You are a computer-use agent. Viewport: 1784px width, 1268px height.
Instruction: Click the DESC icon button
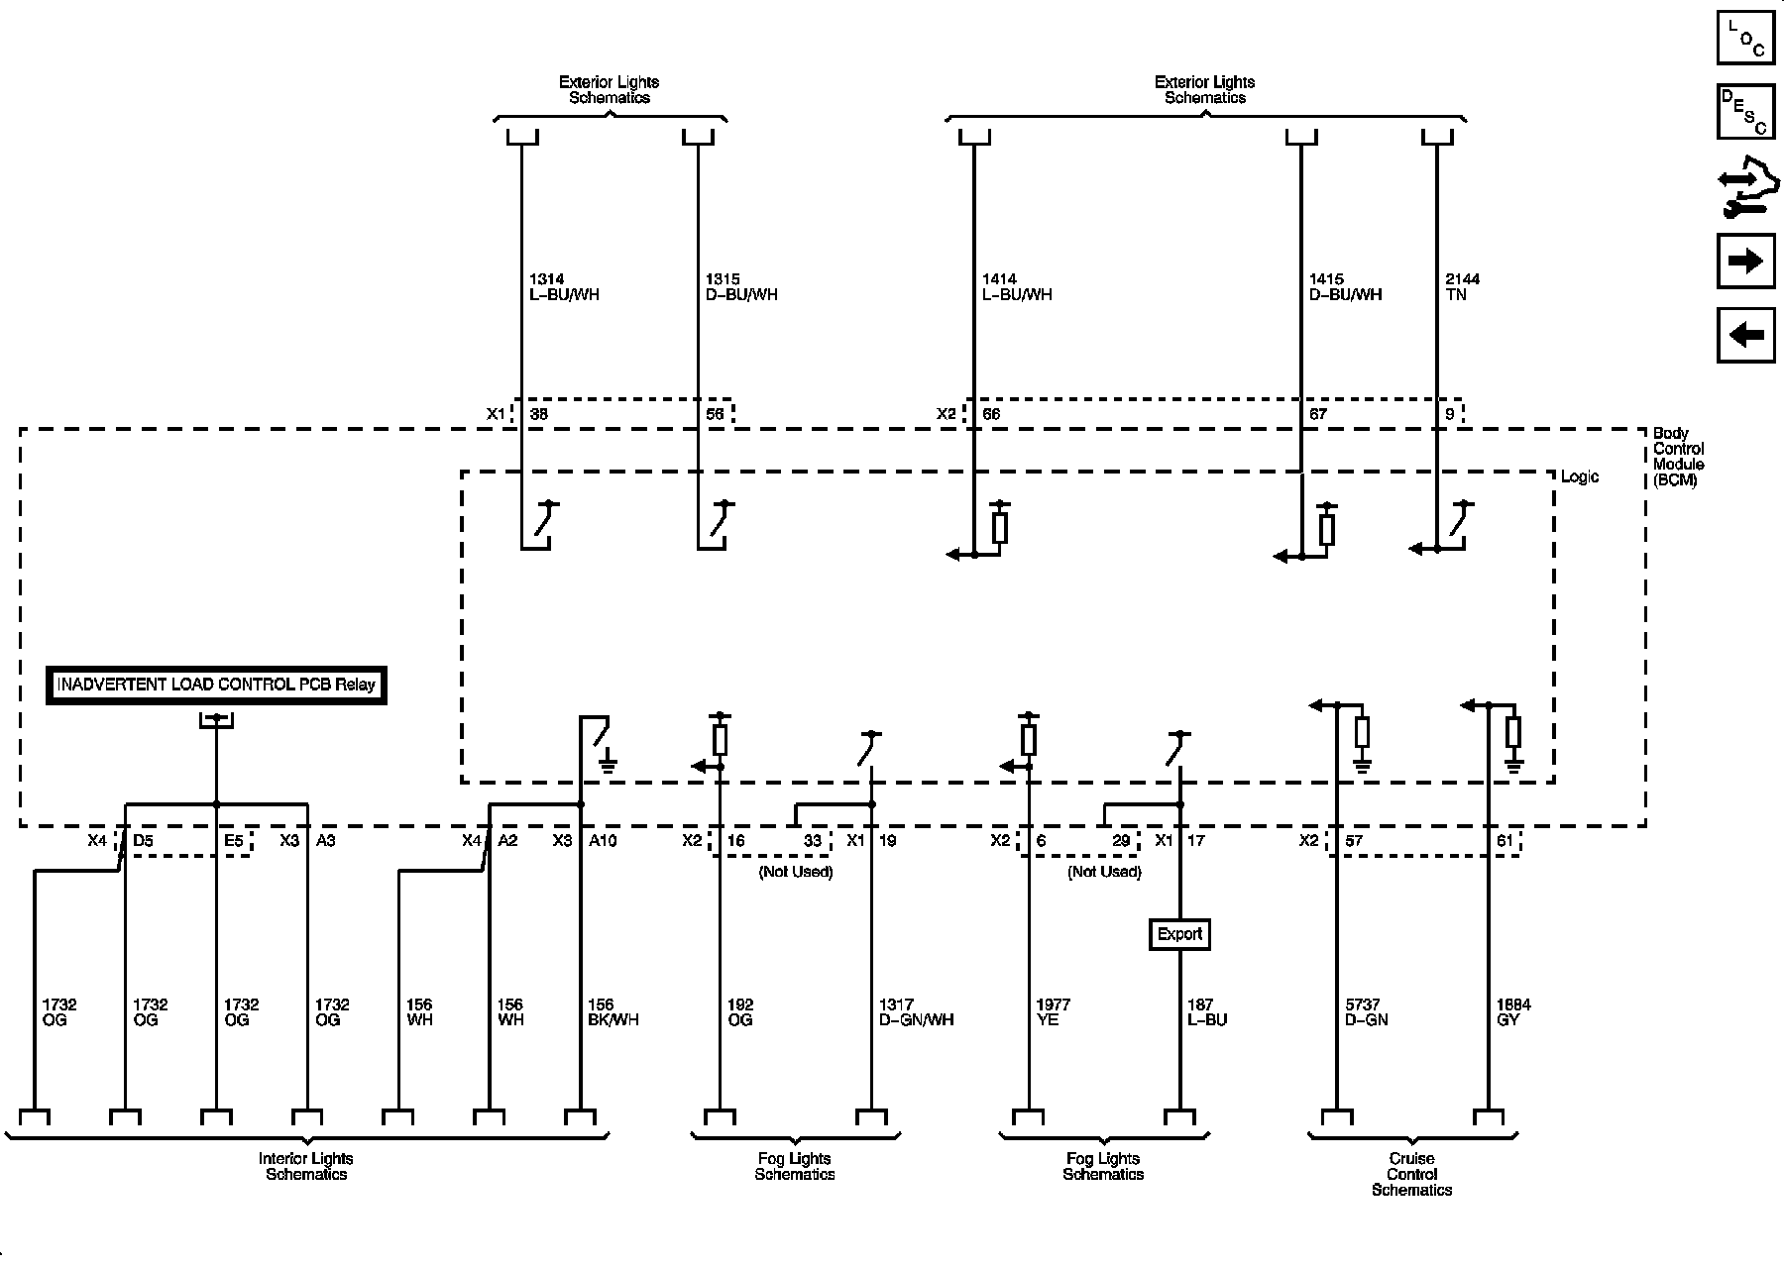1745,112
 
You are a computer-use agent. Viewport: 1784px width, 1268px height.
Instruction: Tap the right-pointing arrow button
1745,261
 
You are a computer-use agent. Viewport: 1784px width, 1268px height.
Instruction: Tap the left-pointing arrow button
1745,335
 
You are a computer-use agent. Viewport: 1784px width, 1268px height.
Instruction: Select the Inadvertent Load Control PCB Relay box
216,685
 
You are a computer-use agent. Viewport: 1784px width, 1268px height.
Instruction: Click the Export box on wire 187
1179,934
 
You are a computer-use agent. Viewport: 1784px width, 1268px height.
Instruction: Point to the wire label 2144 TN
1463,287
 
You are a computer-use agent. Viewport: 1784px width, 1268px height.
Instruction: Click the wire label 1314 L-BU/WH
563,287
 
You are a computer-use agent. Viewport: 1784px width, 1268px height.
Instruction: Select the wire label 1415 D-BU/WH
1345,287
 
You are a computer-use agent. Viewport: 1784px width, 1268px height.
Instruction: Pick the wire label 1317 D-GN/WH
916,1012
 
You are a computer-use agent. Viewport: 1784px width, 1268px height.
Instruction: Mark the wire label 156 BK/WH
613,1012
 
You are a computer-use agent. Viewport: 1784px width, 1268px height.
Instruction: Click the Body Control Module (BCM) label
1678,457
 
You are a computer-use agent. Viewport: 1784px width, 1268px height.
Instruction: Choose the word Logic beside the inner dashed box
1580,477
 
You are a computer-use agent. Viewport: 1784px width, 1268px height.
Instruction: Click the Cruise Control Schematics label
1411,1174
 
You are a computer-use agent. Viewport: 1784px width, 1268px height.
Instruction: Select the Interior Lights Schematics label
306,1166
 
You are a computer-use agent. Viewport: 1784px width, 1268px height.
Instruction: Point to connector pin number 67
1317,414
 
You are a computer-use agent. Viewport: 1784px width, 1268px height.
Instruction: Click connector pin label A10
603,841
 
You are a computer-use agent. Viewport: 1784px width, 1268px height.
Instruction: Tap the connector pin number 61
1505,841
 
